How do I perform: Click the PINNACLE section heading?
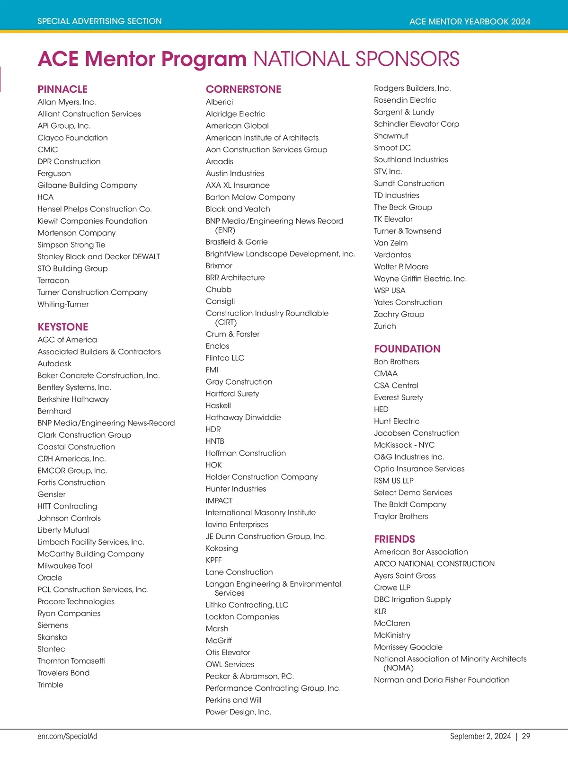click(62, 89)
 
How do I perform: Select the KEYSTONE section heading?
click(63, 327)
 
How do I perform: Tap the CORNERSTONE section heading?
click(243, 89)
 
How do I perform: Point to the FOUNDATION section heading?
click(407, 349)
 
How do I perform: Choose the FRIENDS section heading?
click(394, 539)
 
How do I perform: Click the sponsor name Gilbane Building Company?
click(87, 185)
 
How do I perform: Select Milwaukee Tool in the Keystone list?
click(65, 566)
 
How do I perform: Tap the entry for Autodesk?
click(54, 364)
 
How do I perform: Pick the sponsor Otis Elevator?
click(228, 652)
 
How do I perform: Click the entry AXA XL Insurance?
click(238, 185)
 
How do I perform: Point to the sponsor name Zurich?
click(385, 326)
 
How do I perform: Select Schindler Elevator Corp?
click(417, 124)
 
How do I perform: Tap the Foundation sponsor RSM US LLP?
click(394, 481)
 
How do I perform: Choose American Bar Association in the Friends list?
click(421, 552)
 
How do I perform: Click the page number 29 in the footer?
click(526, 736)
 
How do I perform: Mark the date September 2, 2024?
click(480, 736)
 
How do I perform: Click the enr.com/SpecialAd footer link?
click(67, 736)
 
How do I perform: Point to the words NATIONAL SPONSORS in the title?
click(356, 59)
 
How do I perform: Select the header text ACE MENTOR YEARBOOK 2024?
click(470, 21)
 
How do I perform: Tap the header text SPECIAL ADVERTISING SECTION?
click(99, 21)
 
